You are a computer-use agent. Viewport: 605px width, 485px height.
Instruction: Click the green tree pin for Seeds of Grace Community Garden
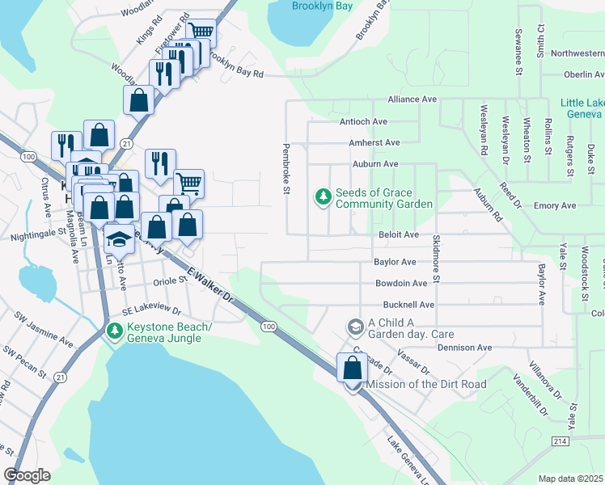click(x=323, y=198)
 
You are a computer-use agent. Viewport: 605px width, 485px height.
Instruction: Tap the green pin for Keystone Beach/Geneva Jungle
click(x=116, y=331)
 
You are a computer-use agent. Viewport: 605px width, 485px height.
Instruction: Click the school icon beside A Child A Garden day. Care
click(x=354, y=327)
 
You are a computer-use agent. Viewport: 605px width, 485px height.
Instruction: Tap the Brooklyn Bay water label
click(x=321, y=5)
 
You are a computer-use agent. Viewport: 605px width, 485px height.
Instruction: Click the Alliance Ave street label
click(x=412, y=99)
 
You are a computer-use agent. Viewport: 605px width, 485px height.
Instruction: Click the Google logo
click(x=27, y=475)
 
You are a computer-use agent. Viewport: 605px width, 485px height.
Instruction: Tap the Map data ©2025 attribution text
click(x=569, y=479)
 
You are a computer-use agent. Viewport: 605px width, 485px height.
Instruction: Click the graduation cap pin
click(x=119, y=239)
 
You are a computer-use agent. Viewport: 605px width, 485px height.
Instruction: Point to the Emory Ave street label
click(x=555, y=206)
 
